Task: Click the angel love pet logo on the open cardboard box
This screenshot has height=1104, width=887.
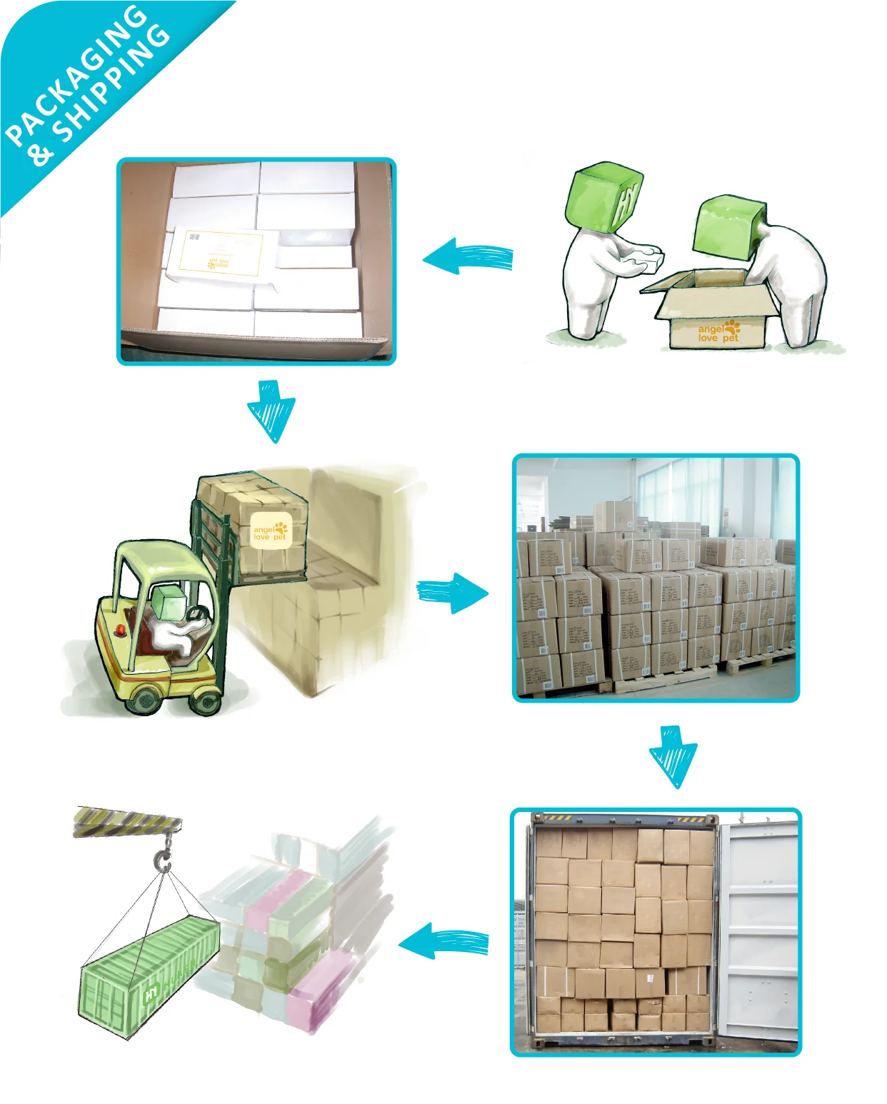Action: [x=718, y=331]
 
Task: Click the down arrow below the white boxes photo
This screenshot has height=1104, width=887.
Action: [x=271, y=411]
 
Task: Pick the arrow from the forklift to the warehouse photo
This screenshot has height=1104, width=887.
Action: [x=452, y=591]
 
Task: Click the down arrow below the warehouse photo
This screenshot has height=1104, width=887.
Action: [x=673, y=756]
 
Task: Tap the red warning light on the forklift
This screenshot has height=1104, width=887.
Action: [x=121, y=630]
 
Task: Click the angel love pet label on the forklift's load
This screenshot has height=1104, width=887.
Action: [x=271, y=531]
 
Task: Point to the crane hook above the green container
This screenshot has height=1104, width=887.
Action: [x=164, y=856]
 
